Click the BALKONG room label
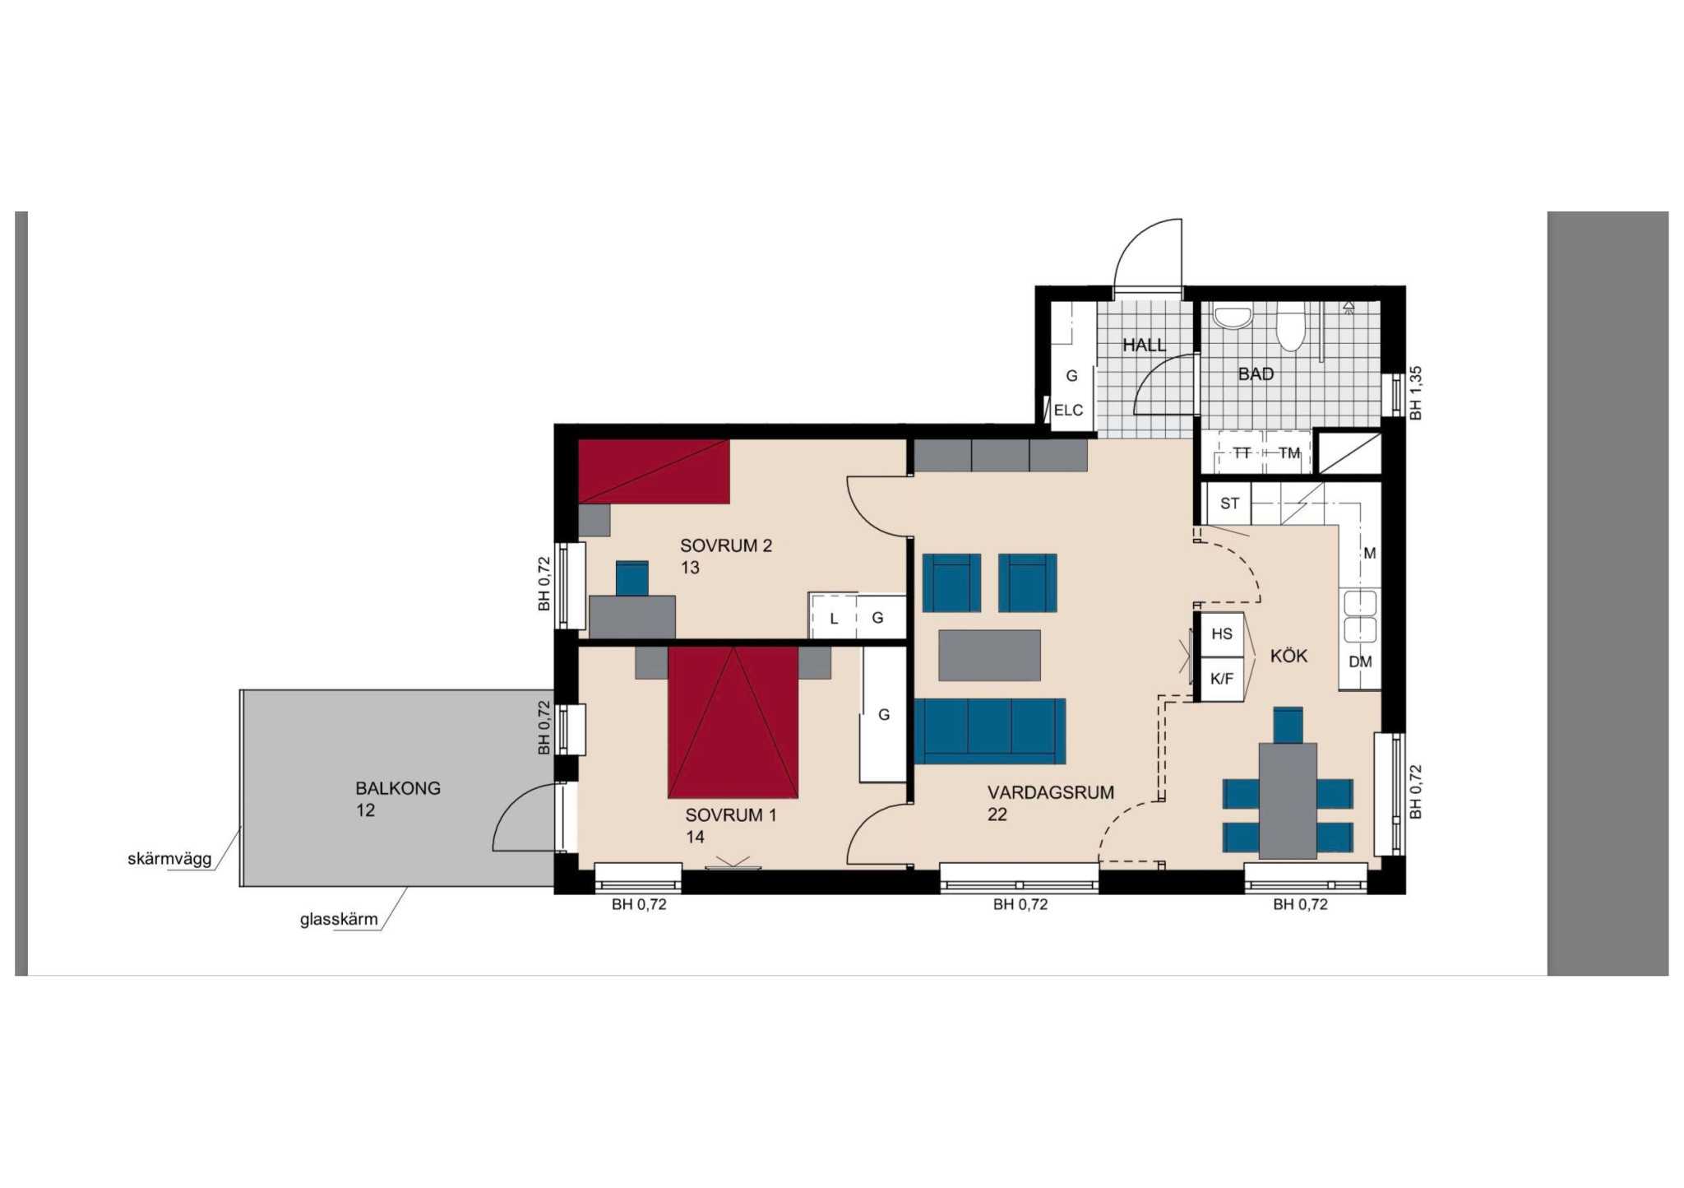(x=398, y=788)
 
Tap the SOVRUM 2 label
(x=726, y=545)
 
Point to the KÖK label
(x=1288, y=656)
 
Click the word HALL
(x=1145, y=346)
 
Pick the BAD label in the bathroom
(x=1256, y=374)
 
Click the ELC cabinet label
(x=1068, y=411)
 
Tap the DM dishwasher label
(x=1360, y=661)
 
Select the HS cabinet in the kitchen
(x=1222, y=633)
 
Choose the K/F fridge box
(x=1222, y=679)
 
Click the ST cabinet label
(x=1229, y=504)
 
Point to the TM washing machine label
(x=1289, y=453)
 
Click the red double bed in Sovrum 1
(x=733, y=722)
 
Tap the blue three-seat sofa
(x=990, y=731)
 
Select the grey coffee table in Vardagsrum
(x=989, y=655)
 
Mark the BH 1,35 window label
(x=1415, y=393)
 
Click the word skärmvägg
(x=169, y=859)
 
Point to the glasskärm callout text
(x=339, y=919)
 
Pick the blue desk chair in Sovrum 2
(x=631, y=578)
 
